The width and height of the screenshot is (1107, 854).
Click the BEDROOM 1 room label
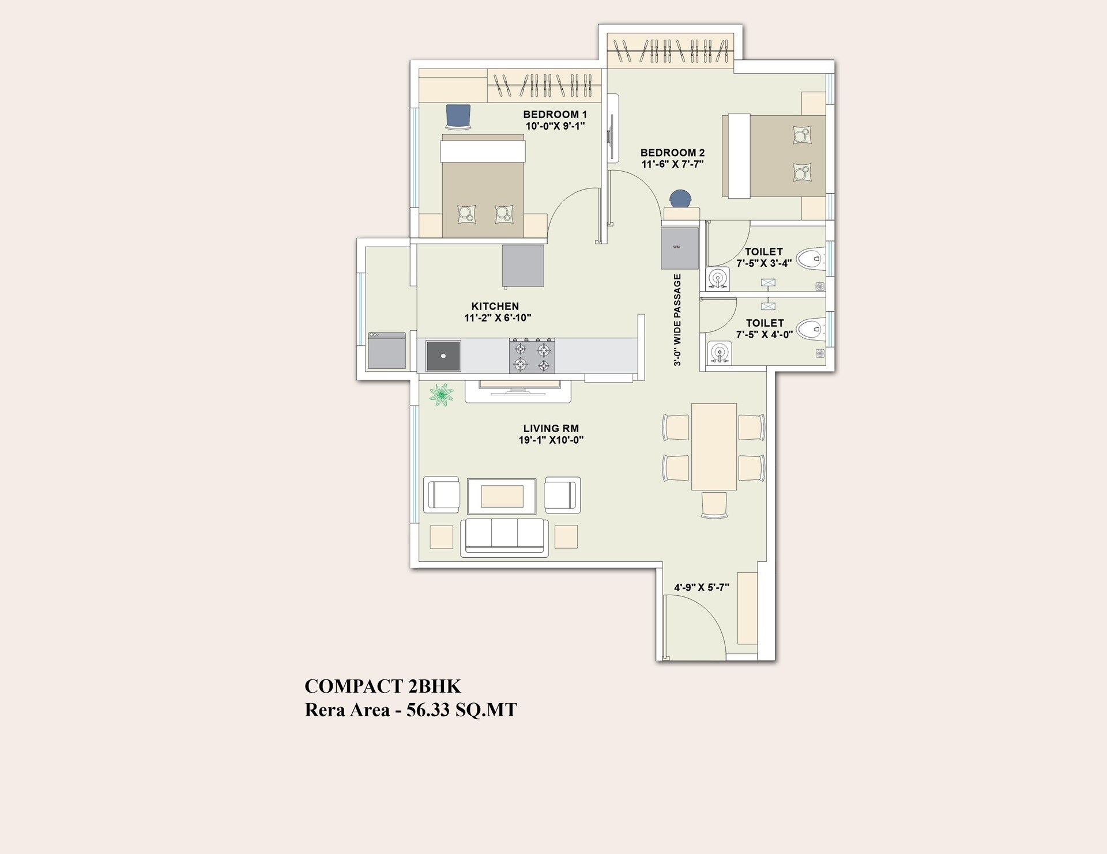point(555,115)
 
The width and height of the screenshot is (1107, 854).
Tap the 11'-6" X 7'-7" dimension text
point(672,164)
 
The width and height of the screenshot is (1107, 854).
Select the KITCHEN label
point(495,306)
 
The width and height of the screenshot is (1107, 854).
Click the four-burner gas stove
point(532,356)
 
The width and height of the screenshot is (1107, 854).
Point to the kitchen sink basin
point(443,356)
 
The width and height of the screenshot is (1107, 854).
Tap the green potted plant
point(441,395)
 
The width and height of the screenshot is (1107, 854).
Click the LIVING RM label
point(551,428)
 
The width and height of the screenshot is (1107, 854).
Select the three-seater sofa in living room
point(504,536)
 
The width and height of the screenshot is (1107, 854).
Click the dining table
point(714,447)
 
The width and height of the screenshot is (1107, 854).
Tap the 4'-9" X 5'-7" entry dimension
point(701,588)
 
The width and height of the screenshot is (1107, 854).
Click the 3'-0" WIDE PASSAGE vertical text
point(677,320)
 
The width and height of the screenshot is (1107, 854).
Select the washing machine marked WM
point(680,248)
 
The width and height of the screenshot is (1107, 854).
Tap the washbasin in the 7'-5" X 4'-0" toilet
point(718,353)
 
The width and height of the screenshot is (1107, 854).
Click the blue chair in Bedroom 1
point(458,117)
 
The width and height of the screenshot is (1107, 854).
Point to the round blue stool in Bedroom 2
point(681,199)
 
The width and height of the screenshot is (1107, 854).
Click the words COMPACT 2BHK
point(382,686)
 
